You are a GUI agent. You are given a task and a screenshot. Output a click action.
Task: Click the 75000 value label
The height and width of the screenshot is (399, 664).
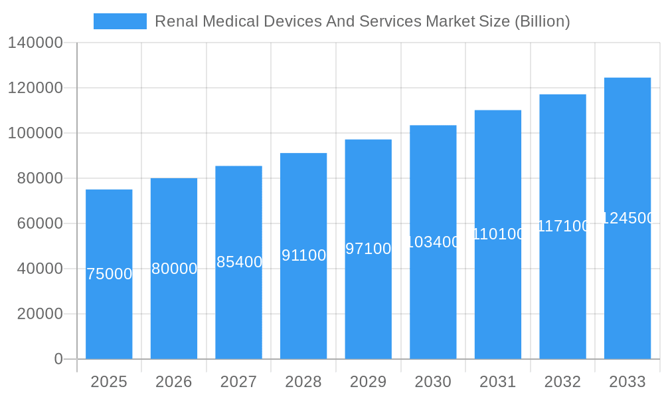click(x=110, y=274)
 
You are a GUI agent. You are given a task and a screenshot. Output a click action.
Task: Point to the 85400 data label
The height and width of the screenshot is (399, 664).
click(x=239, y=262)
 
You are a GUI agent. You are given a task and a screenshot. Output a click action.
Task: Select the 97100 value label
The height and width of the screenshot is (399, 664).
click(x=369, y=249)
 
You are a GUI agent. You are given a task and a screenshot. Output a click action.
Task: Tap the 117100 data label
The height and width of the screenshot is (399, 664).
click(x=562, y=226)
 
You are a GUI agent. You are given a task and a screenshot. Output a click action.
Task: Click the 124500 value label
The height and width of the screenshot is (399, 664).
click(x=627, y=218)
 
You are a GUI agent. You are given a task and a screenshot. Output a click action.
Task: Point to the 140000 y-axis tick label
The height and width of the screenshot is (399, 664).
click(x=35, y=43)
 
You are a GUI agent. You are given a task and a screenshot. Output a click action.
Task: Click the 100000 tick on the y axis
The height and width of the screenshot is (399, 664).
click(x=35, y=133)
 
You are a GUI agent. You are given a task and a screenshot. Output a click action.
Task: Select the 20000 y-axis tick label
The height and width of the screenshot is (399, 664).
click(x=39, y=314)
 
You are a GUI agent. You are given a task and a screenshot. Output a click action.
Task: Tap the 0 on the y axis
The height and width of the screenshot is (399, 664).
click(x=58, y=359)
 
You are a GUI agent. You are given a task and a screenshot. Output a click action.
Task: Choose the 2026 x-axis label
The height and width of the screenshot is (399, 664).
click(x=174, y=382)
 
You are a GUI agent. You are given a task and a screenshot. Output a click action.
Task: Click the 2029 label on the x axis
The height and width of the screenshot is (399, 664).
click(x=369, y=382)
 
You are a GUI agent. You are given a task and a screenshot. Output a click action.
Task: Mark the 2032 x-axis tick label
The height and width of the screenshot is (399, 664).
click(x=562, y=382)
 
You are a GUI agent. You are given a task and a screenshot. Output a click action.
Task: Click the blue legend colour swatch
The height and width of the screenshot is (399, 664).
click(x=120, y=21)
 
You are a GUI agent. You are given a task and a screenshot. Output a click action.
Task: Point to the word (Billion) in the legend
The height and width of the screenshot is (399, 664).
click(x=542, y=21)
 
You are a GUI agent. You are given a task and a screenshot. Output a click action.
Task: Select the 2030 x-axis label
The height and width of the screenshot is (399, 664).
click(x=433, y=382)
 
